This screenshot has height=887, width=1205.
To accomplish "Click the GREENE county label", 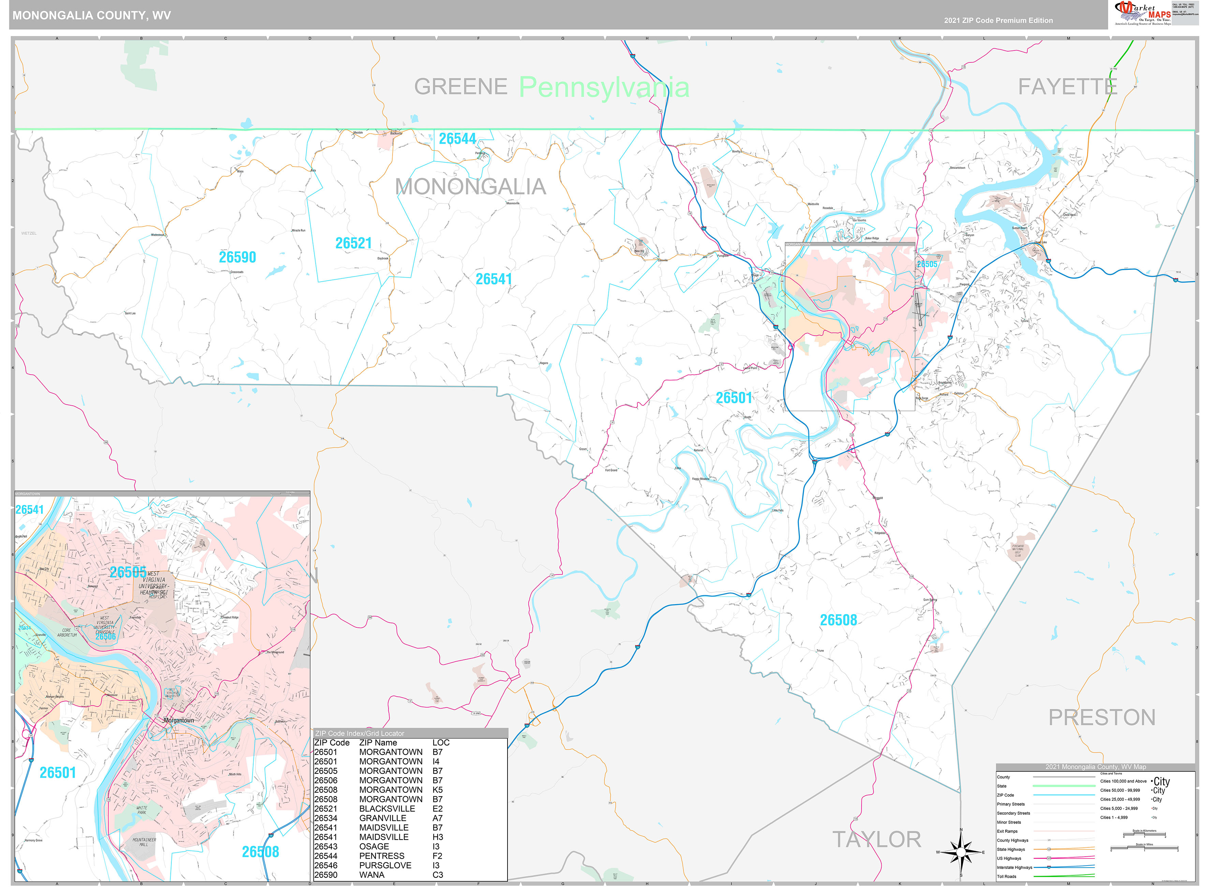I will click(460, 87).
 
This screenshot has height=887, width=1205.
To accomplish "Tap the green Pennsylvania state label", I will click(604, 87).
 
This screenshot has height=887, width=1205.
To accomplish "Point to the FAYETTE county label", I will click(1068, 87).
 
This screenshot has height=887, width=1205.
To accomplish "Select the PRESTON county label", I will click(1101, 717).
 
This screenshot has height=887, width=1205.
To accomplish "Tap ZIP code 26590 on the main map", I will click(237, 257).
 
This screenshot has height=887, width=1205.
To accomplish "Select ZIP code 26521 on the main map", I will click(353, 243).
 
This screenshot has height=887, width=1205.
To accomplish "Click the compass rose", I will click(961, 852).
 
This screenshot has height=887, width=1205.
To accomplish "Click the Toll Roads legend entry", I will click(1006, 876).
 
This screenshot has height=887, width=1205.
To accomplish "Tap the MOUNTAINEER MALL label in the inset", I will click(144, 842).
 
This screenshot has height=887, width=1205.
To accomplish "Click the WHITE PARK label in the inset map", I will click(142, 810).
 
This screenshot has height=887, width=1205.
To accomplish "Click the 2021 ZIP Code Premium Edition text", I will click(998, 20).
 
